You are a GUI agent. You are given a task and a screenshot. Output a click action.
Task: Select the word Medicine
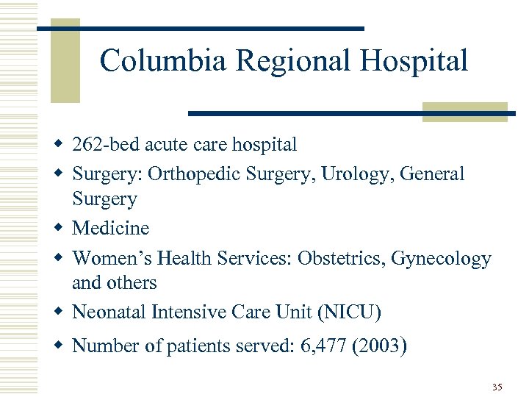[x=110, y=228]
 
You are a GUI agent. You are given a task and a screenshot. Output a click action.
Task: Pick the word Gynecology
[x=441, y=259]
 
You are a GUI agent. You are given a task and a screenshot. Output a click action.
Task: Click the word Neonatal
[x=109, y=312]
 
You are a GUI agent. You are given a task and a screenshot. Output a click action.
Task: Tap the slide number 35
[x=497, y=387]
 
